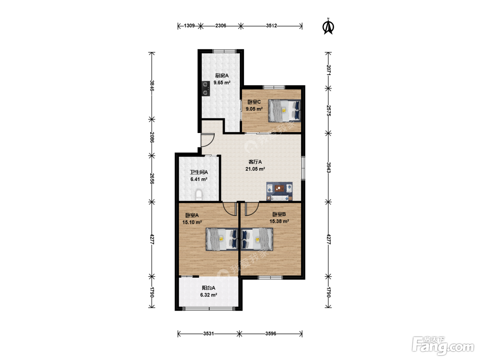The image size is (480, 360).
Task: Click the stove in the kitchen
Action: tap(206, 89)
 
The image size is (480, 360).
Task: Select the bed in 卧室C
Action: tap(285, 111)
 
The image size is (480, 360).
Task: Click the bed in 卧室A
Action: tap(222, 239)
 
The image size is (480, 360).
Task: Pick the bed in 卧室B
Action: tap(257, 239)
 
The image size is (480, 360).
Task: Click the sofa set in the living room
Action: tap(279, 191)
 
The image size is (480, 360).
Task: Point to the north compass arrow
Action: tap(328, 26)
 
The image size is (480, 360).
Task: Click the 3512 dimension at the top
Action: tap(272, 26)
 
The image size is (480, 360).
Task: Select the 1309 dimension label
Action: tap(189, 26)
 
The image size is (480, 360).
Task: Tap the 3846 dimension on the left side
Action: tap(152, 85)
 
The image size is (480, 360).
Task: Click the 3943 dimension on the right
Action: tap(328, 167)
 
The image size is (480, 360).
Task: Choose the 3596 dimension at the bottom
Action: tap(271, 334)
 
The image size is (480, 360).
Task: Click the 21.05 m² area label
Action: tap(255, 169)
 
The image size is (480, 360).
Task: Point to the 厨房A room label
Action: tap(222, 76)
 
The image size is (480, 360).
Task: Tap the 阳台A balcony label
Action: tap(208, 288)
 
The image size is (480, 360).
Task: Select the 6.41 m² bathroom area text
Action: tap(199, 179)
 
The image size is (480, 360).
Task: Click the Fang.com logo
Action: tap(443, 346)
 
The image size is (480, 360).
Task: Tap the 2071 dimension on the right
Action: tap(328, 70)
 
